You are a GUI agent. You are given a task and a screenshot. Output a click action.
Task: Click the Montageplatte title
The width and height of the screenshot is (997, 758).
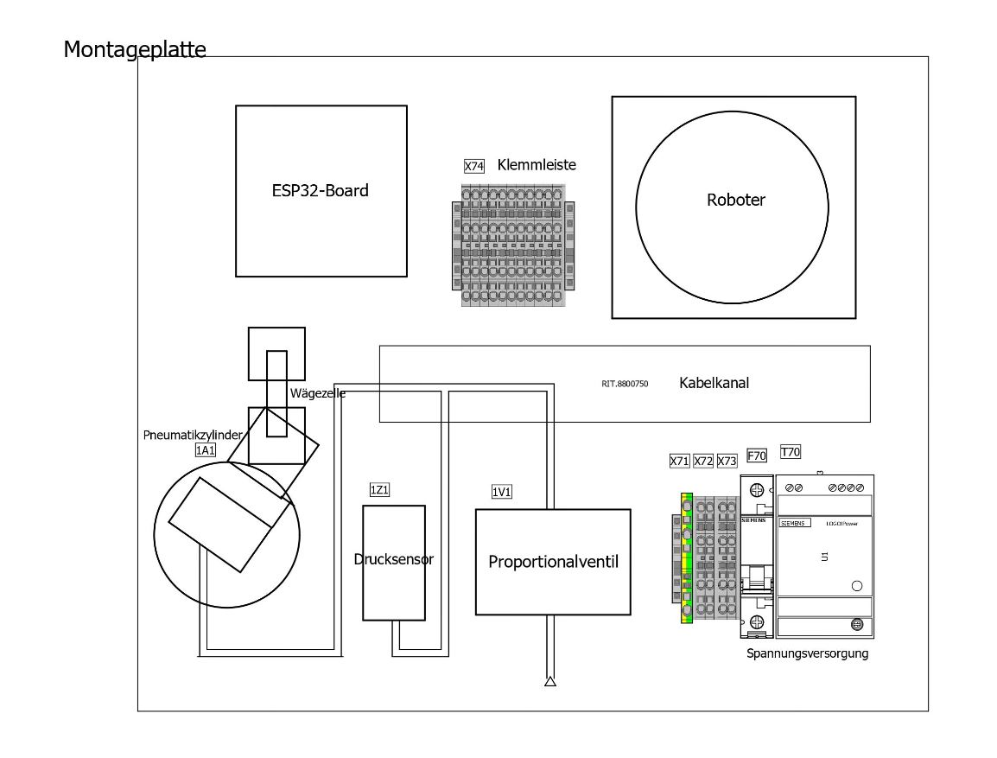click(x=135, y=49)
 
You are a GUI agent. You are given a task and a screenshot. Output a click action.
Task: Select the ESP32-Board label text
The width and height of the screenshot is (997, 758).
click(x=320, y=191)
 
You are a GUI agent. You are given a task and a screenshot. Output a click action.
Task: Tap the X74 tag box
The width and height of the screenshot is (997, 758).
click(x=473, y=166)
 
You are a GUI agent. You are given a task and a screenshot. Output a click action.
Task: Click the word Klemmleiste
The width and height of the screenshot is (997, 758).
click(x=537, y=164)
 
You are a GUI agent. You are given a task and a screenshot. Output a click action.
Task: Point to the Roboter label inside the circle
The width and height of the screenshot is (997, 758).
click(x=736, y=200)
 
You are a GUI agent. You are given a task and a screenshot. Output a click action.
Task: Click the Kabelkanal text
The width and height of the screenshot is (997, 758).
click(x=714, y=383)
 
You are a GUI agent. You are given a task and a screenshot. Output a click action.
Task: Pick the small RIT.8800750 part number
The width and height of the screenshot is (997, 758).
click(x=625, y=383)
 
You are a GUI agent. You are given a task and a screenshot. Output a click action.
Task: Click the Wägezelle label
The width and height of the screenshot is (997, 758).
click(x=317, y=393)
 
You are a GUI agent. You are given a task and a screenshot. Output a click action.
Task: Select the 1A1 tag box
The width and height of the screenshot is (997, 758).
click(x=205, y=449)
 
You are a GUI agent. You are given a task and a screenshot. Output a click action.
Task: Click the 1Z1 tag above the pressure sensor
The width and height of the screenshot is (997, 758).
click(x=379, y=490)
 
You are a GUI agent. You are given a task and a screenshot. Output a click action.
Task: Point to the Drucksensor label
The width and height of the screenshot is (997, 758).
click(x=393, y=559)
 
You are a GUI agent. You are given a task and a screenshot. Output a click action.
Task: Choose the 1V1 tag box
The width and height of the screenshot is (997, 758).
click(x=502, y=492)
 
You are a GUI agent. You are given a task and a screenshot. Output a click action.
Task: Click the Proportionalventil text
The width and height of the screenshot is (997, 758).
click(x=553, y=562)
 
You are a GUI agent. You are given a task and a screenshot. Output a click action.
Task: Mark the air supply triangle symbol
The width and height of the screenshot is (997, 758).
click(x=549, y=682)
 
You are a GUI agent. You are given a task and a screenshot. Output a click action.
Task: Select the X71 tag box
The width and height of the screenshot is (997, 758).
click(x=679, y=462)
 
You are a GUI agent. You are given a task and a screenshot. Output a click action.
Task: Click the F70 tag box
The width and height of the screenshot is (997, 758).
click(x=756, y=455)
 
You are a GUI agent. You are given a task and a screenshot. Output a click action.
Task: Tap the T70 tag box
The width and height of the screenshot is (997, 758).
click(x=790, y=451)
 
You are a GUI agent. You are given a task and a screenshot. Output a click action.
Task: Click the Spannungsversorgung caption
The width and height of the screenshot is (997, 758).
click(x=807, y=653)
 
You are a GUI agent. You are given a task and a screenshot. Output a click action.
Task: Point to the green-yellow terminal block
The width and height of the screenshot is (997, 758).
click(x=687, y=557)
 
